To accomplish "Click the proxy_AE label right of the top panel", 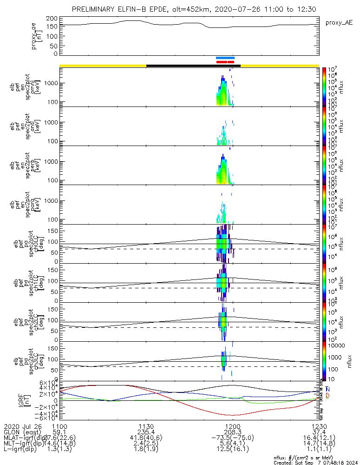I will click(x=339, y=22).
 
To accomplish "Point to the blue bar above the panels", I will click(x=225, y=58).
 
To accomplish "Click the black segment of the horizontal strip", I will click(x=193, y=66).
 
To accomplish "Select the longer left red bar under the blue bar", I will click(x=222, y=61).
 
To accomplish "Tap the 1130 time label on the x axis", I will click(x=146, y=426).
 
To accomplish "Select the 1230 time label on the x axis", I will click(x=319, y=426).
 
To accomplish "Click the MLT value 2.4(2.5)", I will click(x=146, y=443).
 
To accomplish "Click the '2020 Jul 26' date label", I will click(x=22, y=426).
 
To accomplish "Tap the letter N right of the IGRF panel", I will click(x=328, y=389).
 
